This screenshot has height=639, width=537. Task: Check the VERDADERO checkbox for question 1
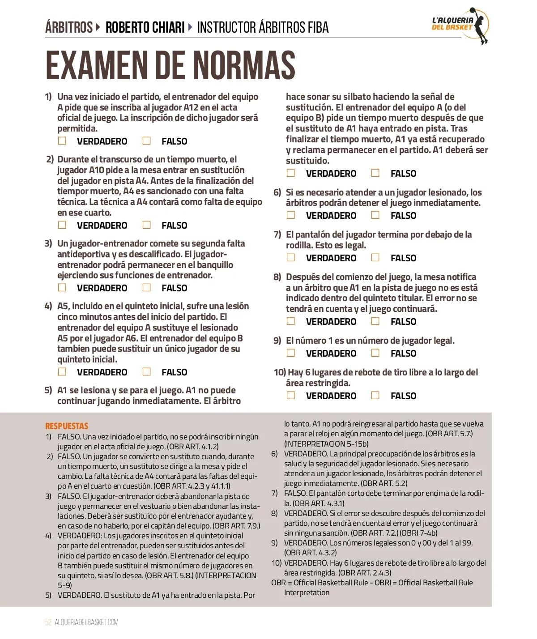click(62, 141)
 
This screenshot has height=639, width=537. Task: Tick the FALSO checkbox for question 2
click(147, 225)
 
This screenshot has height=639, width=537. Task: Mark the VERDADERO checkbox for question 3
click(62, 288)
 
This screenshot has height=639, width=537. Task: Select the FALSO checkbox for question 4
click(147, 372)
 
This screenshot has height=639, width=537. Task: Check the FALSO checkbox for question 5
click(375, 173)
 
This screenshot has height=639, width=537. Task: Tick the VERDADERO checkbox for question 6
click(291, 215)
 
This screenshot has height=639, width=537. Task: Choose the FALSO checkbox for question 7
click(375, 258)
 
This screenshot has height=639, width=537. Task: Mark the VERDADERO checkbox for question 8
click(291, 321)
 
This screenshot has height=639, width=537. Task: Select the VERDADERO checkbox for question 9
click(291, 353)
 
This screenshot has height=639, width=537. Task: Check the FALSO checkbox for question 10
click(375, 396)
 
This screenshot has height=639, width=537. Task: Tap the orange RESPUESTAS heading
click(67, 426)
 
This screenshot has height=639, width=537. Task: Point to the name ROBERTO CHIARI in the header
click(145, 28)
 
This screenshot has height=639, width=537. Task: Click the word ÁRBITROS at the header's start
click(69, 28)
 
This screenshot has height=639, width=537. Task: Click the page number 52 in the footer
click(48, 622)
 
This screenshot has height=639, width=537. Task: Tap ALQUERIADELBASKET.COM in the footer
click(86, 622)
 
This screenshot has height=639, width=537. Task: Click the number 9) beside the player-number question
click(277, 341)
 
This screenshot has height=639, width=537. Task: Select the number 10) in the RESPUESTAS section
click(277, 563)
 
